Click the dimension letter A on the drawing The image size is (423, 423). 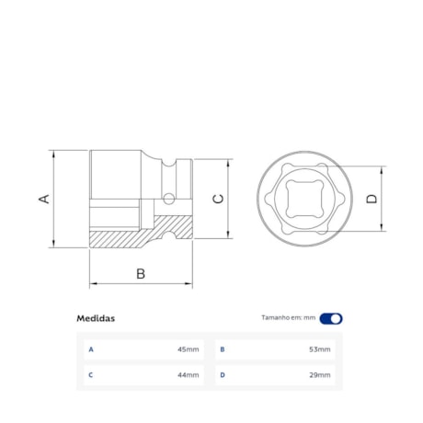pos(42,199)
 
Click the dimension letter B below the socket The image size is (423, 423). pos(141,273)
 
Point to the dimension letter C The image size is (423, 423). pos(218,199)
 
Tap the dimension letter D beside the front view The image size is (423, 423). pos(371,199)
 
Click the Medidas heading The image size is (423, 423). pos(96,318)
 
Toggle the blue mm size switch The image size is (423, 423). pos(331,318)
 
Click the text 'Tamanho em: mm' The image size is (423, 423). pos(288,318)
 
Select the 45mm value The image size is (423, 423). pos(188,349)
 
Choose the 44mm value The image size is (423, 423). pos(188,375)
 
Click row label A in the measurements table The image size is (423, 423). pos(91,349)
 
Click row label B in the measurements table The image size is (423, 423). pos(223,349)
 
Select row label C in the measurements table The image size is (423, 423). pos(91,375)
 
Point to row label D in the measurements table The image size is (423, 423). pos(223,375)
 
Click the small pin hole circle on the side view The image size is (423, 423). pos(168,198)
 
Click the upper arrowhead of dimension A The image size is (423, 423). pos(53,153)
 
